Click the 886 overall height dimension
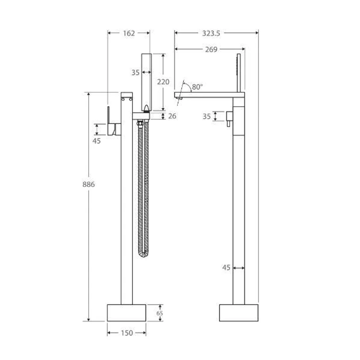(x=89, y=184)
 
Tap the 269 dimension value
(x=211, y=50)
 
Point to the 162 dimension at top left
(x=129, y=33)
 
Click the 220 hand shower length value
(x=163, y=82)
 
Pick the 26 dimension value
(x=172, y=116)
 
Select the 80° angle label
(x=197, y=87)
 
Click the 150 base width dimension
(x=127, y=333)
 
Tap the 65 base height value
(x=160, y=313)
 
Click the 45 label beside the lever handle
(x=96, y=141)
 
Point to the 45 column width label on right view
(x=226, y=268)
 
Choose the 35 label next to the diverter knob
(x=207, y=117)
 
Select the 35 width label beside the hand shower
(x=135, y=73)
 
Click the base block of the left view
(x=126, y=313)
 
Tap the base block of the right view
(x=239, y=313)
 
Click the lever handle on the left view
(x=109, y=120)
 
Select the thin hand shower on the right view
(x=238, y=72)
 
